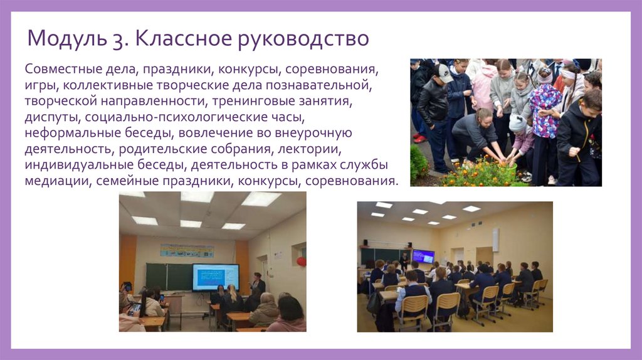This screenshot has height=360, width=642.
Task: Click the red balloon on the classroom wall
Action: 301,261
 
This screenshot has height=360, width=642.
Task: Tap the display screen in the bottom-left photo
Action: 215,277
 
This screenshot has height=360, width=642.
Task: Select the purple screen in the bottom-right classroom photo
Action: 423,256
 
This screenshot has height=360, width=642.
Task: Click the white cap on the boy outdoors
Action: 445,73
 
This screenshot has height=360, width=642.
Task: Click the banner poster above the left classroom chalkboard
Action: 186,250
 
